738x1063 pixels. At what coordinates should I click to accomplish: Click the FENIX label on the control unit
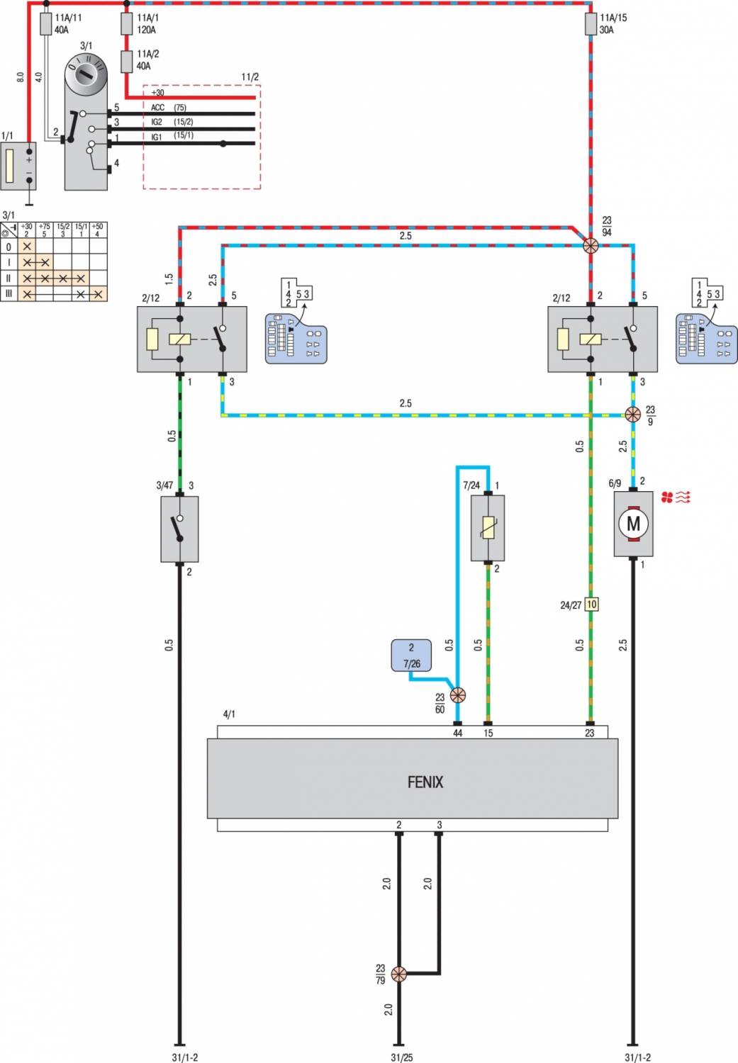point(425,782)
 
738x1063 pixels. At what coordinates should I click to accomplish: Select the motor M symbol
point(633,524)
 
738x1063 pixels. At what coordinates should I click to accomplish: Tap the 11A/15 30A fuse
point(591,24)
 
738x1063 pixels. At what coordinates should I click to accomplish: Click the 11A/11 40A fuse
point(45,24)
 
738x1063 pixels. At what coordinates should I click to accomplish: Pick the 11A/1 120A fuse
point(127,24)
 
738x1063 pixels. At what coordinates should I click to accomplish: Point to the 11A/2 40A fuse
point(127,61)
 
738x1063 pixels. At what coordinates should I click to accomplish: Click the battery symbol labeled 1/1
point(18,166)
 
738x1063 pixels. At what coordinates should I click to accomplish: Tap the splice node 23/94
point(590,246)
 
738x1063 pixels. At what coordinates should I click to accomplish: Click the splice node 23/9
point(633,415)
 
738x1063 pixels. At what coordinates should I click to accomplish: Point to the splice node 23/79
point(399,974)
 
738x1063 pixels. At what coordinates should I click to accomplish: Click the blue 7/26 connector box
point(411,656)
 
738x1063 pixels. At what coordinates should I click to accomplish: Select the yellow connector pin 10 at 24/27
point(591,604)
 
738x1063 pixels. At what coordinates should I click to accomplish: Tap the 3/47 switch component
point(179,529)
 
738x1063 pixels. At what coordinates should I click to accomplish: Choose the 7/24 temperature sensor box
point(488,527)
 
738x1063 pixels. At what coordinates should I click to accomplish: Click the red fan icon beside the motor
point(675,497)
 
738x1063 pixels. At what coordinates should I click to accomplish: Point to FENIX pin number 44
point(458,733)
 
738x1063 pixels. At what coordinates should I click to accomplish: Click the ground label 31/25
point(401,1057)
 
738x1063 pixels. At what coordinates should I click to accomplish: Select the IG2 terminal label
point(157,122)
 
